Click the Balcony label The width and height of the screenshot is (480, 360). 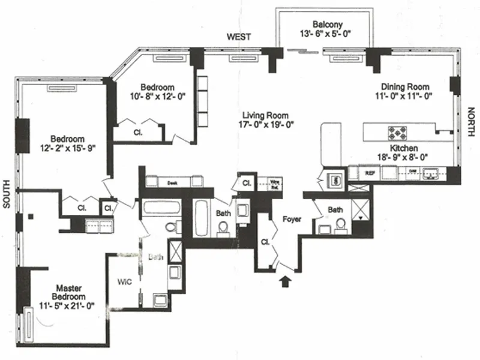tap(327, 25)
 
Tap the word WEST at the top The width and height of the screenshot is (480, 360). tap(238, 37)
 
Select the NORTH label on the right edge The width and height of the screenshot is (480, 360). tap(471, 120)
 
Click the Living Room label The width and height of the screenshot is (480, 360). tap(265, 115)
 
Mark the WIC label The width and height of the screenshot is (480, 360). tap(124, 281)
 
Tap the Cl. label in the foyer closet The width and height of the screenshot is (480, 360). tap(265, 243)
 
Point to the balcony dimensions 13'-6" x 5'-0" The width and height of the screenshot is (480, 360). tap(327, 34)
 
